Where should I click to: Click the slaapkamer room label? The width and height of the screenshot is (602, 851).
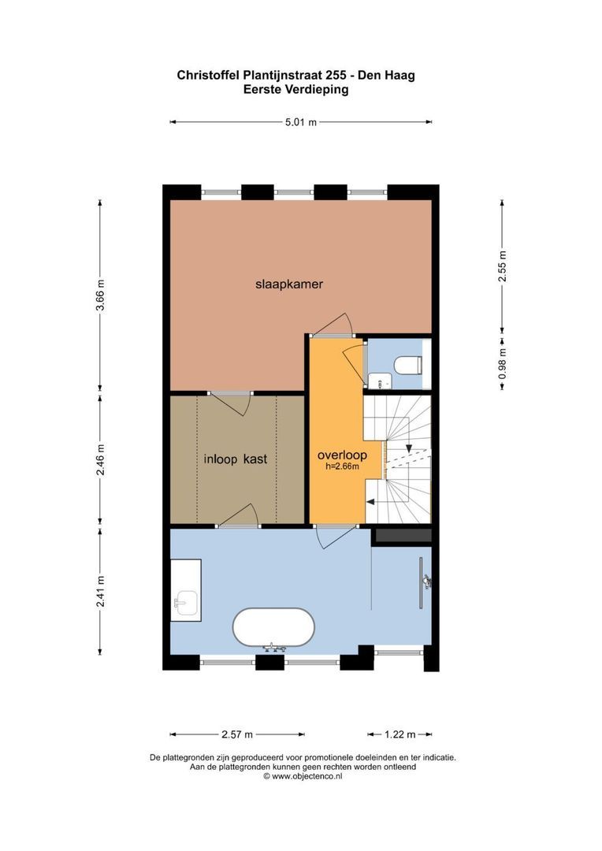click(x=288, y=284)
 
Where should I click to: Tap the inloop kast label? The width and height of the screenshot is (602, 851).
click(x=236, y=459)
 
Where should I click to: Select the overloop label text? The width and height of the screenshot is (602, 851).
click(x=342, y=455)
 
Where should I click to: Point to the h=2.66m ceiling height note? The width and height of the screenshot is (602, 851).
click(x=342, y=466)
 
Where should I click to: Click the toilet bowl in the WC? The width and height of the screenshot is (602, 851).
click(x=407, y=366)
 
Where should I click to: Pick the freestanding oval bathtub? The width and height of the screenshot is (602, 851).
click(x=273, y=627)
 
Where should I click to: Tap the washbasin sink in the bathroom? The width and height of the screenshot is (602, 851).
click(x=185, y=602)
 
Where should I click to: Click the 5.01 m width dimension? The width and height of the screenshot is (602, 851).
click(x=301, y=122)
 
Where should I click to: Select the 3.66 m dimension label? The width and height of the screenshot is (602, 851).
click(x=100, y=295)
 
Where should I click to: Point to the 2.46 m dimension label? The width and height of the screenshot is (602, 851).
click(x=100, y=459)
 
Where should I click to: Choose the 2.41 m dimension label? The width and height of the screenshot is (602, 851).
click(x=100, y=591)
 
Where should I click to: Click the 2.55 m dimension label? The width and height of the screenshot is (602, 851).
click(x=503, y=266)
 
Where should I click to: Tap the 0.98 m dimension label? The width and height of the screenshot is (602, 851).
click(x=503, y=362)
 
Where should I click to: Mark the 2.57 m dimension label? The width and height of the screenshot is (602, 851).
click(x=237, y=734)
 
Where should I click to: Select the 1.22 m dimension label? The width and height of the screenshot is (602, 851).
click(x=400, y=734)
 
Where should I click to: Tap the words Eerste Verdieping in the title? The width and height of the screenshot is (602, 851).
click(x=295, y=90)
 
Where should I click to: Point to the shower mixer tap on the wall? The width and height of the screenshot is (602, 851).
click(x=427, y=581)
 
